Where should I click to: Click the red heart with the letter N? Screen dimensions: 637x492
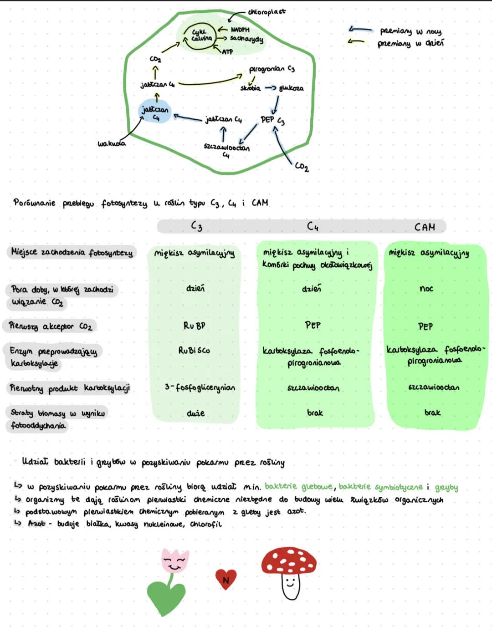pyautogui.click(x=225, y=579)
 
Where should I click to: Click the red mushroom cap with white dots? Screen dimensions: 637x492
pyautogui.click(x=289, y=561)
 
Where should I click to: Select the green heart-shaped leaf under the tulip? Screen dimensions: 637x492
pyautogui.click(x=166, y=597)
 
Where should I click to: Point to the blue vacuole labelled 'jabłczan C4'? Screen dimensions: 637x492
pyautogui.click(x=155, y=112)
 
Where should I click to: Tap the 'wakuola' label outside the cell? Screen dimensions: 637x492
pyautogui.click(x=112, y=143)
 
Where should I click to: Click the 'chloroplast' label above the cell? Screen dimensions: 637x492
pyautogui.click(x=267, y=12)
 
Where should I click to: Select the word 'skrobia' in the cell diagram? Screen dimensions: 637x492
pyautogui.click(x=250, y=88)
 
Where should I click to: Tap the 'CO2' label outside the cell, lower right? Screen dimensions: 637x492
pyautogui.click(x=302, y=167)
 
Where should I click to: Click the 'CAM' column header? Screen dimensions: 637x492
pyautogui.click(x=425, y=227)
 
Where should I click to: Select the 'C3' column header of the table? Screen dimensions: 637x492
pyautogui.click(x=196, y=226)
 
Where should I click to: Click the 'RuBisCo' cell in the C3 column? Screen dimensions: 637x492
pyautogui.click(x=194, y=351)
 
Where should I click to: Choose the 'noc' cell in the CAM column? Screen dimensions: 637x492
pyautogui.click(x=426, y=289)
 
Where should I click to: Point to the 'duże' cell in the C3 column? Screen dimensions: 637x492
pyautogui.click(x=195, y=413)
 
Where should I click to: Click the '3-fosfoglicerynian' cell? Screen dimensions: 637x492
pyautogui.click(x=200, y=387)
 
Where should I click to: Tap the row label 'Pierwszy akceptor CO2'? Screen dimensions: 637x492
pyautogui.click(x=51, y=326)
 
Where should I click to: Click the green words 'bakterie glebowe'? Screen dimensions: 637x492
pyautogui.click(x=298, y=487)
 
